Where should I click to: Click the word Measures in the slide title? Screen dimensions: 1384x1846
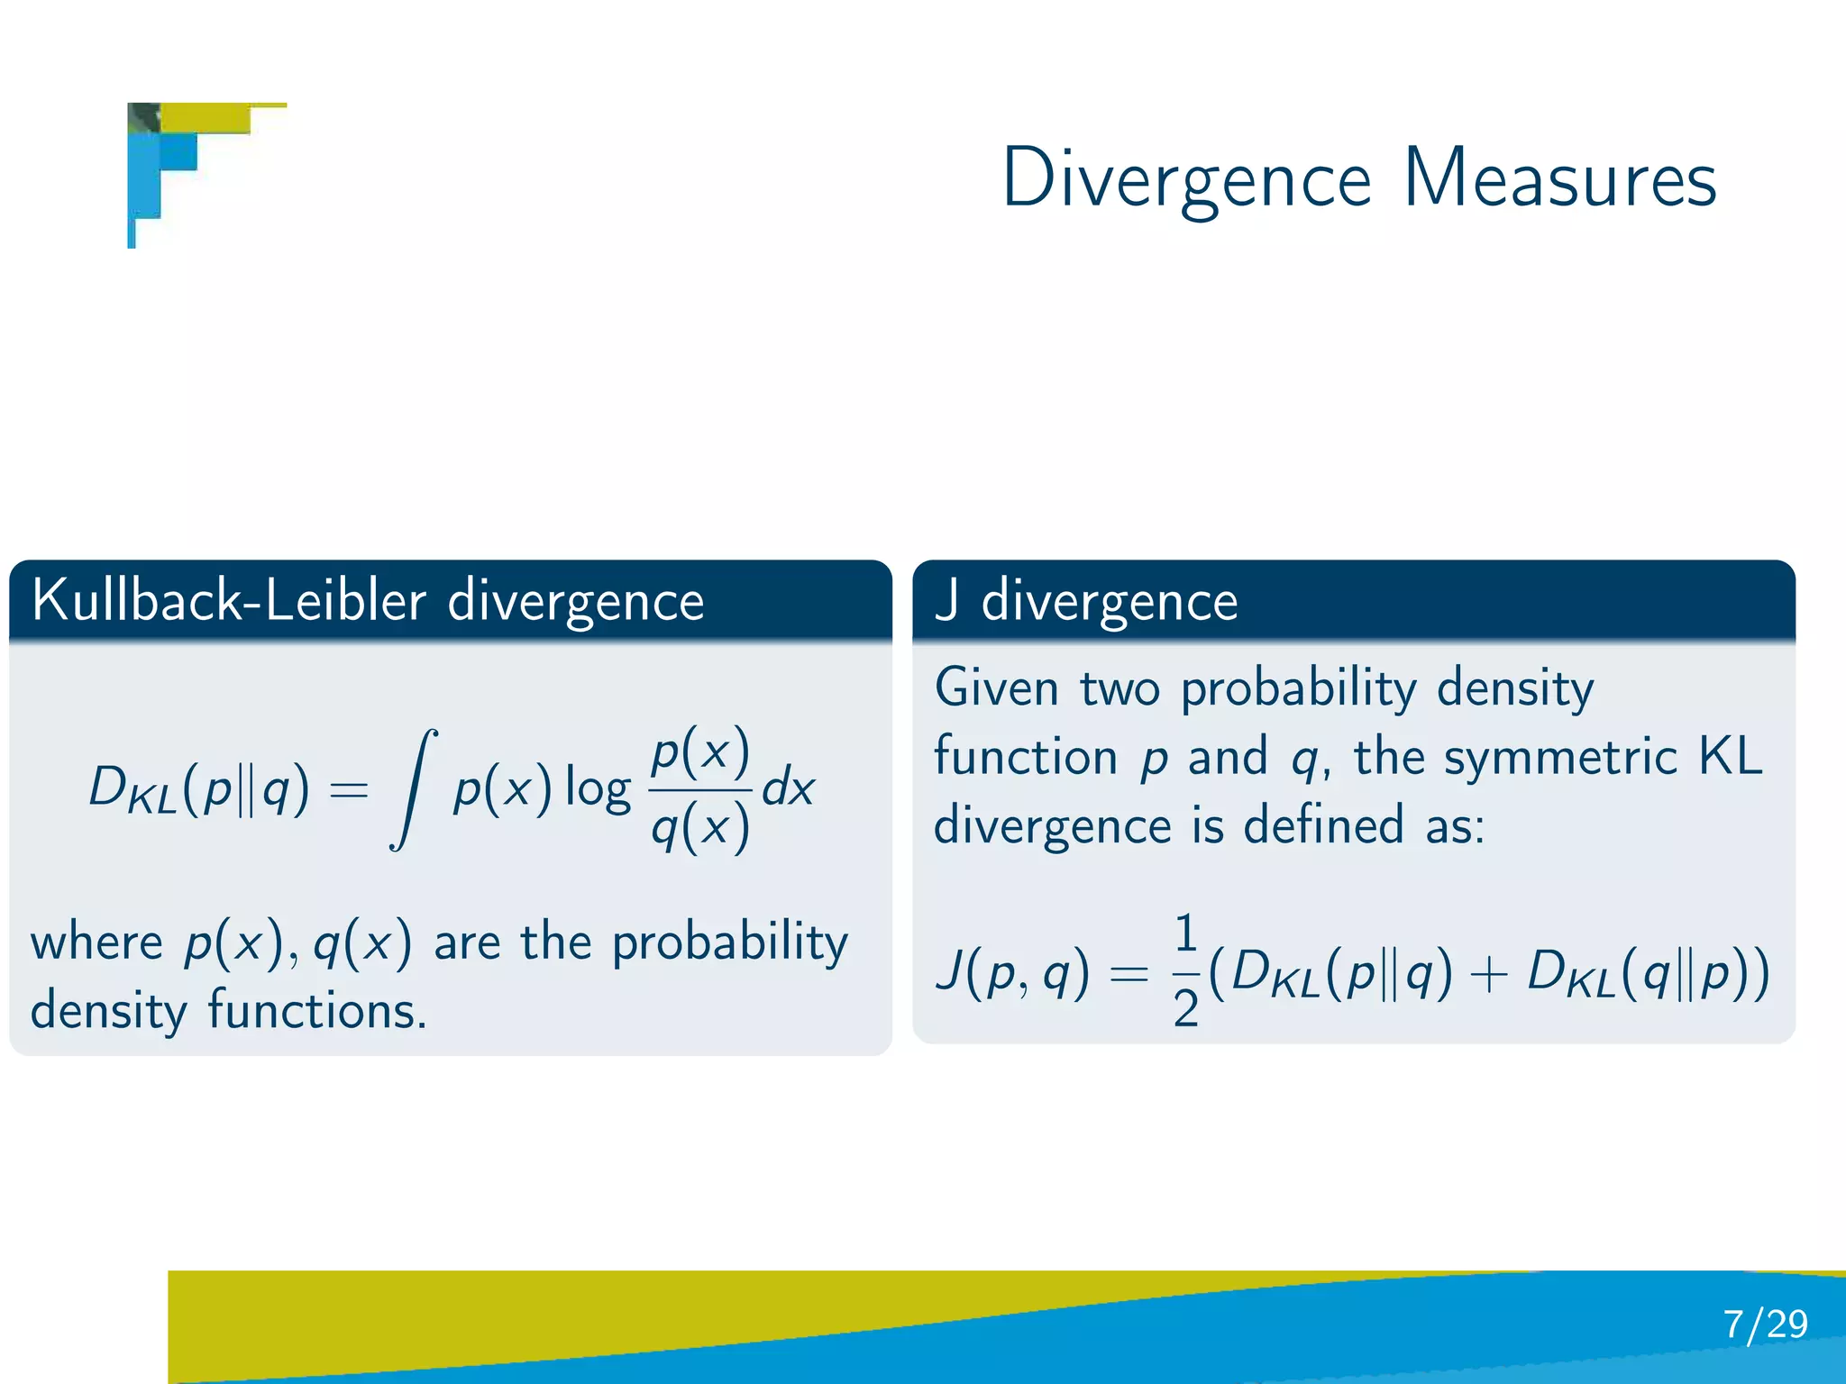tap(1559, 178)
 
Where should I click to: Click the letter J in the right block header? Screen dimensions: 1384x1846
tap(946, 601)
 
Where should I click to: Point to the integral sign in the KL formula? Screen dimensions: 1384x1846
tap(414, 789)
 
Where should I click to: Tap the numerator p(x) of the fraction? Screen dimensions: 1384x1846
tap(700, 751)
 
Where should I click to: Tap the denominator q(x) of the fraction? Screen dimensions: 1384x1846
tap(700, 827)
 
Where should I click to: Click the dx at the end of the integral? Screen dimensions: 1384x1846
tap(789, 789)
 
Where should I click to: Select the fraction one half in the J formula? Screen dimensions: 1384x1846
tap(1185, 971)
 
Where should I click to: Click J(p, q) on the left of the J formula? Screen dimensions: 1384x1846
tap(1011, 973)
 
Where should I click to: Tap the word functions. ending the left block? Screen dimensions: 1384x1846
tap(317, 1011)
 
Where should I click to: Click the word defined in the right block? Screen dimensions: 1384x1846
tap(1323, 825)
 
